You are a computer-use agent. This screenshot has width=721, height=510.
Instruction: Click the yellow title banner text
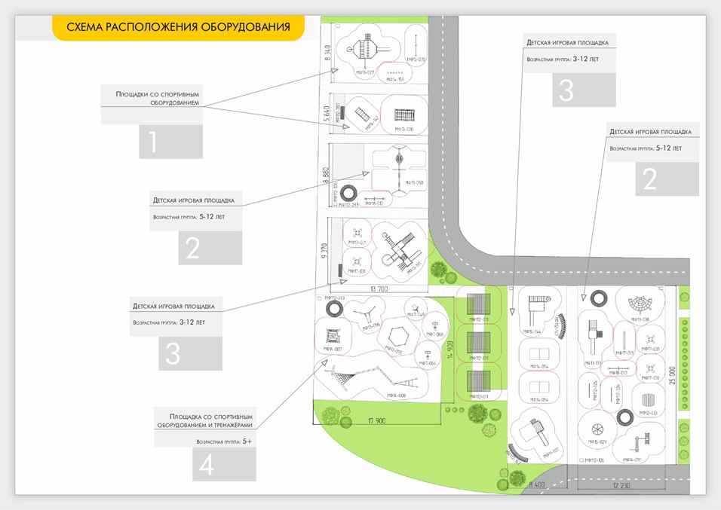(x=178, y=28)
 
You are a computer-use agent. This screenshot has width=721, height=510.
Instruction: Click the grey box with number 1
(x=170, y=142)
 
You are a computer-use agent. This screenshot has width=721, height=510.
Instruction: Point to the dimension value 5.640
(x=327, y=117)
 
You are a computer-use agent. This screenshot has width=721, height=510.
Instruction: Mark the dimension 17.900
(x=376, y=420)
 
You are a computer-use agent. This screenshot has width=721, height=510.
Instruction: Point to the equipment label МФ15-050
(x=414, y=183)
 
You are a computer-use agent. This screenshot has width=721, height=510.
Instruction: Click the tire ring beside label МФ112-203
(x=333, y=309)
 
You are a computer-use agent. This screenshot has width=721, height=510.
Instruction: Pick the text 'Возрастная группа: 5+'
(x=223, y=441)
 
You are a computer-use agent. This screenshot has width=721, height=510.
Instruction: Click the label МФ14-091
(x=632, y=459)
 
